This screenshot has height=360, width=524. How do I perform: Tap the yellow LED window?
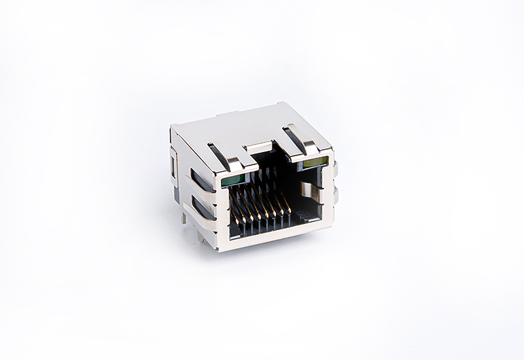click(x=314, y=163)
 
